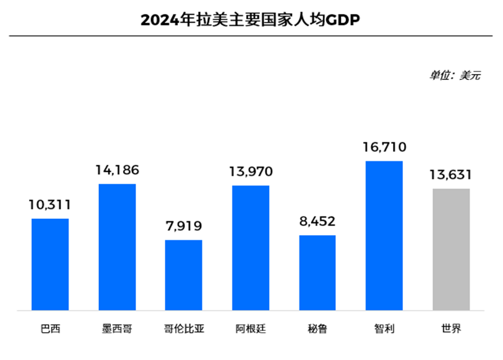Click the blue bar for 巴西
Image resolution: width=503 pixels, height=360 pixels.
pos(50,264)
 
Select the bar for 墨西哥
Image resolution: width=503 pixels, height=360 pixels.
pos(117,247)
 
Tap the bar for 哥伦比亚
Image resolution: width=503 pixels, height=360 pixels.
pos(184,275)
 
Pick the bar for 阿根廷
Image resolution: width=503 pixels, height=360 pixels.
pos(251,248)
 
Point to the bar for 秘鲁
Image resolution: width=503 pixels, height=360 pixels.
pos(318,273)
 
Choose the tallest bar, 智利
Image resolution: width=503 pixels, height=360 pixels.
pos(384,236)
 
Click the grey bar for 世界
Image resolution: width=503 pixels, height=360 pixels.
pos(451,249)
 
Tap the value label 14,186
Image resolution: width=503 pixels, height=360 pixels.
pos(117,170)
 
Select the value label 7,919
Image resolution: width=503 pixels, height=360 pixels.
pos(184,226)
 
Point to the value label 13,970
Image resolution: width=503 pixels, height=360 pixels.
pos(251,172)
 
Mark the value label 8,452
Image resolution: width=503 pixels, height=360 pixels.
pos(318,221)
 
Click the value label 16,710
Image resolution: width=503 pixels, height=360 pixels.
pos(384,147)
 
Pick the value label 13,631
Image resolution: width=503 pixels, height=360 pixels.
pos(451,175)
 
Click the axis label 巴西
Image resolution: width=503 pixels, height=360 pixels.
pos(50,330)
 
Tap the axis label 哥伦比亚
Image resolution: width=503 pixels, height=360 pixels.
pos(184,330)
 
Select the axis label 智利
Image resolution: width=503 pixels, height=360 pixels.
pos(384,330)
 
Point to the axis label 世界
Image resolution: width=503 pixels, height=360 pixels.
pos(451,330)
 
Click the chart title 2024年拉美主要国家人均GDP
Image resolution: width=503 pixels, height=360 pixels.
pos(250,20)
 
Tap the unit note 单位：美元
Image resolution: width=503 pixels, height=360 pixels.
pos(455,76)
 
